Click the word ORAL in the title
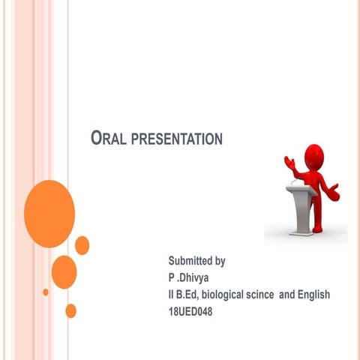click(x=106, y=139)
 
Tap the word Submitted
click(x=190, y=262)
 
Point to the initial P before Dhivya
click(x=171, y=278)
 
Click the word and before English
click(x=287, y=295)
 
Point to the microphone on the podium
click(x=297, y=178)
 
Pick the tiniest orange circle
click(x=46, y=292)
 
